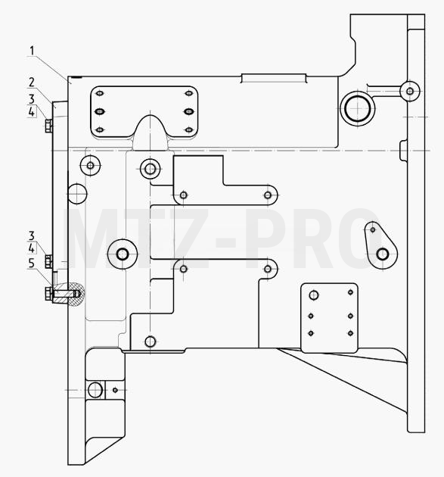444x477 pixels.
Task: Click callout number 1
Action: click(x=33, y=51)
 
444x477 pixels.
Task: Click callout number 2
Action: click(x=32, y=82)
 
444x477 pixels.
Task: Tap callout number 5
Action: click(x=32, y=263)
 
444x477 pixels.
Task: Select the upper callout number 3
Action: click(x=32, y=99)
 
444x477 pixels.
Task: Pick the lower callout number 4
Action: click(x=32, y=248)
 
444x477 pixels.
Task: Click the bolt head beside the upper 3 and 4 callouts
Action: click(x=48, y=126)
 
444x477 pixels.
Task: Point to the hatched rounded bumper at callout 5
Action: click(x=75, y=293)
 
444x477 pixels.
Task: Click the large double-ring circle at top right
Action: click(x=358, y=108)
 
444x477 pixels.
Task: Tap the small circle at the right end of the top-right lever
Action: click(x=410, y=91)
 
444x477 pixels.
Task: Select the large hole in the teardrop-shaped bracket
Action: click(x=383, y=254)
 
